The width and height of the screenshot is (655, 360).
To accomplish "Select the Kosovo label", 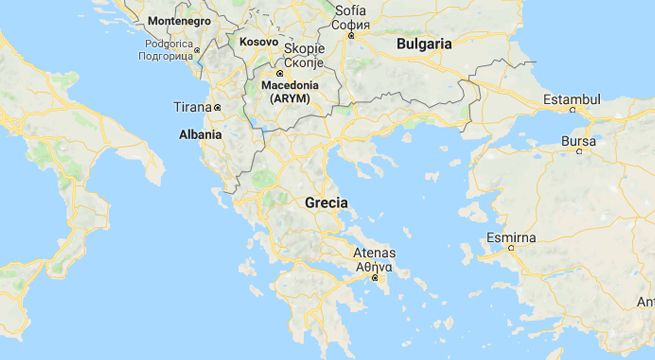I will pos(258,42).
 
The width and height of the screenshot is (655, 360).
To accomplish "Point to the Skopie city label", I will pos(303,48).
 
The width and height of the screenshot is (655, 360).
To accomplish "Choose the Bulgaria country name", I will pos(424,44).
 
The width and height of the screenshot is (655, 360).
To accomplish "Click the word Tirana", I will pos(193,107).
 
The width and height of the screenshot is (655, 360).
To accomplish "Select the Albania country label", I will pos(200,132).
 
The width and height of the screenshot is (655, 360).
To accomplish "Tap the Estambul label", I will pos(571,100).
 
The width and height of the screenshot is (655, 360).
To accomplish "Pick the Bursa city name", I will pos(577,141).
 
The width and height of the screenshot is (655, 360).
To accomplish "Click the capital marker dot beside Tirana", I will pos(217,107).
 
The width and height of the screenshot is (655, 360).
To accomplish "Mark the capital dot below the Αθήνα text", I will pos(375,279).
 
